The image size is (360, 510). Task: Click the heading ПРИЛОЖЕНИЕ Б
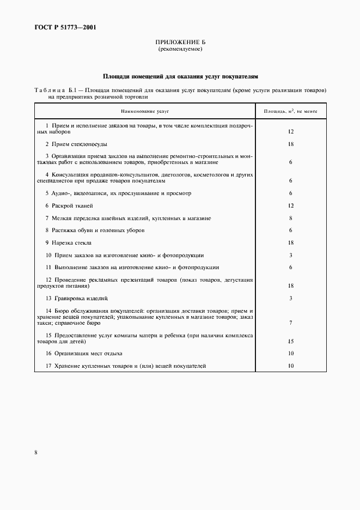[180, 42]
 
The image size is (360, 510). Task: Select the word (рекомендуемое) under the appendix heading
[180, 49]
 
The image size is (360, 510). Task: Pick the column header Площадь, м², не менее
[291, 111]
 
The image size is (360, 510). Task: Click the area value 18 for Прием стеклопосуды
[291, 144]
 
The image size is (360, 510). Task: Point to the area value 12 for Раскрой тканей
[291, 206]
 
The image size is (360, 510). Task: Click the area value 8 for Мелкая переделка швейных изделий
[291, 218]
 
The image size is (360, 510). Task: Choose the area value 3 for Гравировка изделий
[291, 299]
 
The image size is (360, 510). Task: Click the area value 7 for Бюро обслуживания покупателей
[291, 323]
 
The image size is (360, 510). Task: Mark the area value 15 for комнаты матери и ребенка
[291, 342]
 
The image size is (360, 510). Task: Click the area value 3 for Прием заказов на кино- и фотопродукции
[291, 256]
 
